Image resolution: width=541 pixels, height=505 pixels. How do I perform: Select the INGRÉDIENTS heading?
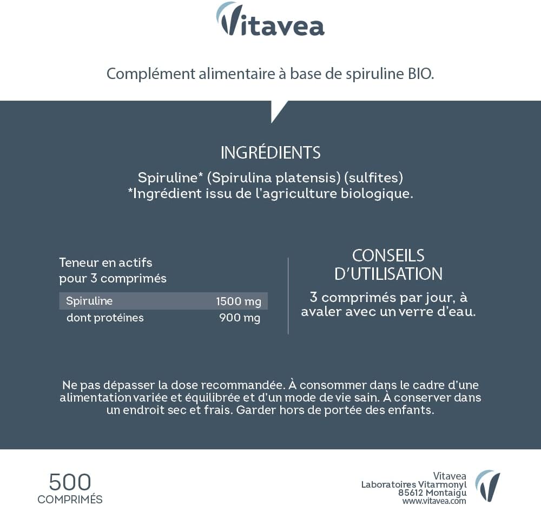(x=270, y=153)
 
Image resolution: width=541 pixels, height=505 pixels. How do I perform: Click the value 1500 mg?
(x=238, y=301)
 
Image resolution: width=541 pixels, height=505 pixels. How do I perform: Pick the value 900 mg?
(x=240, y=318)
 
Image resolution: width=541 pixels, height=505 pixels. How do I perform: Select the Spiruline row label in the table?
(x=89, y=301)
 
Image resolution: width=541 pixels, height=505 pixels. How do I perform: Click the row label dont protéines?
(x=105, y=318)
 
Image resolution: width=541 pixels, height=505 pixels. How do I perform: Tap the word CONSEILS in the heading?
(x=388, y=255)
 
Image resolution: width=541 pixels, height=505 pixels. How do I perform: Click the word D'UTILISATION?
(x=388, y=274)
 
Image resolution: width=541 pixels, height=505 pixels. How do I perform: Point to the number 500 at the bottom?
(x=70, y=482)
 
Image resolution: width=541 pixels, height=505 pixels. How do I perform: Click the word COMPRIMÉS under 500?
(x=70, y=499)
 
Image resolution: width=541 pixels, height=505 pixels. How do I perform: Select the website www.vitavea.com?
(x=434, y=501)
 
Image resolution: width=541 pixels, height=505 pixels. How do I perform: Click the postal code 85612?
(x=411, y=493)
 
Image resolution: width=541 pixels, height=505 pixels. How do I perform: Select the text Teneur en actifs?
(x=105, y=263)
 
